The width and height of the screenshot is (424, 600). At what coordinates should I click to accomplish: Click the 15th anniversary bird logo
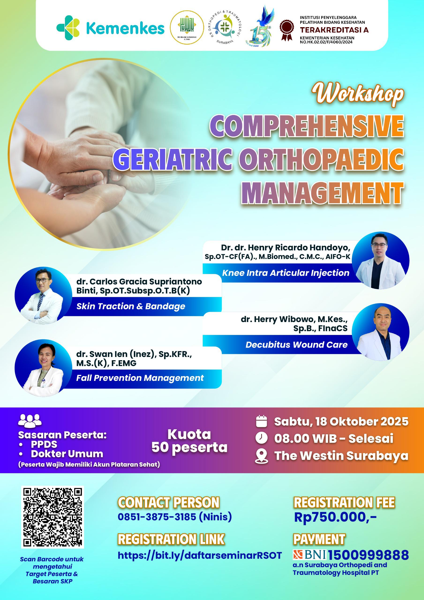point(262,27)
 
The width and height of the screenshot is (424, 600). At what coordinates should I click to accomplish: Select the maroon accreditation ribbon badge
point(286,30)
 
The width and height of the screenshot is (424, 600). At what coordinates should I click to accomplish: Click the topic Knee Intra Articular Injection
point(286,273)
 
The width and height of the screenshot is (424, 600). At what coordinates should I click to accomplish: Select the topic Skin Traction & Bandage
point(131,306)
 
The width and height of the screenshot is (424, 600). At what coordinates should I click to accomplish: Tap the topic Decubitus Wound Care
point(296,345)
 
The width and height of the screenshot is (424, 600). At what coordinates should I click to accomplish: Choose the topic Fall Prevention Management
point(140,378)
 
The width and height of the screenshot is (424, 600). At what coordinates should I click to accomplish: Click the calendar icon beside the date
point(261,421)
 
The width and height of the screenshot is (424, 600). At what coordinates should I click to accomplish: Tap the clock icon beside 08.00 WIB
point(261,438)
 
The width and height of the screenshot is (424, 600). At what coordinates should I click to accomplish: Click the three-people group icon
point(30,421)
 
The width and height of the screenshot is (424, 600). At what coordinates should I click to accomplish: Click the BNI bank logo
point(310,555)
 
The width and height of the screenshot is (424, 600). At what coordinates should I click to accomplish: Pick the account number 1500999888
point(368,555)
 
